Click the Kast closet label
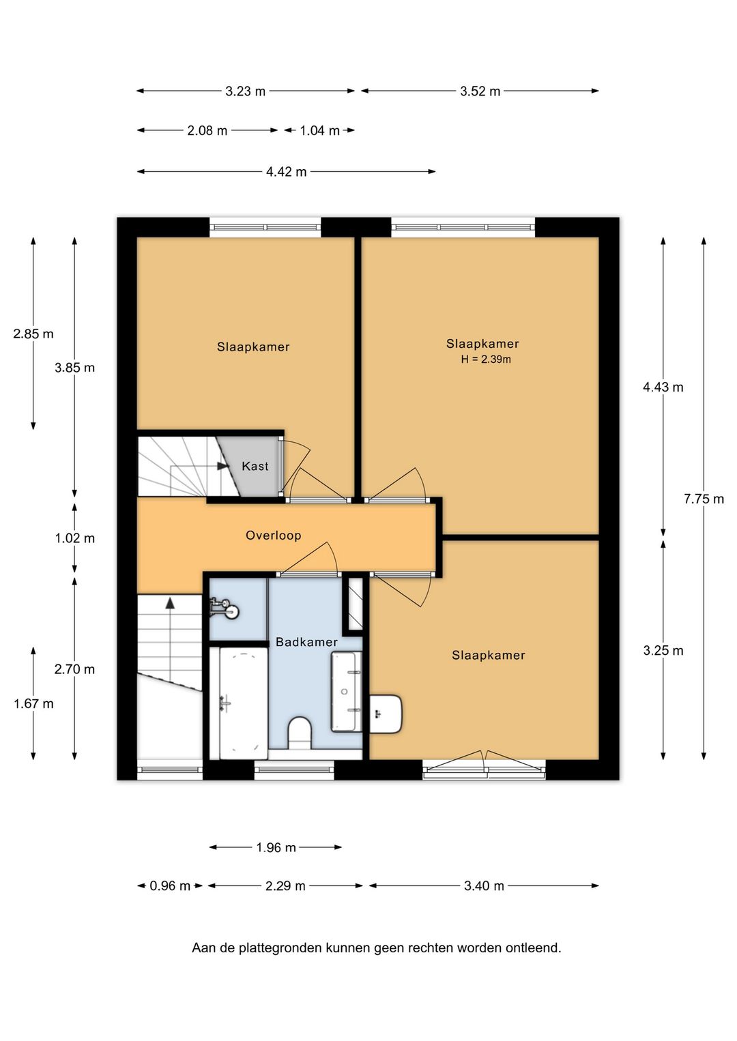click(255, 466)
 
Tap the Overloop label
click(274, 536)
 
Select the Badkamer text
click(306, 642)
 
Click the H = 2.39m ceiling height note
click(486, 360)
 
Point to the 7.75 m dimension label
click(704, 499)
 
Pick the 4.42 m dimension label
click(286, 172)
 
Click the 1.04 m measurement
click(319, 130)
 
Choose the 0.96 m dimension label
click(170, 885)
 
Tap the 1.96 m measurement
click(276, 848)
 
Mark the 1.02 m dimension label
click(75, 538)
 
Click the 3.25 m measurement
click(663, 651)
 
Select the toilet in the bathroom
click(300, 733)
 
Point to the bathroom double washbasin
click(347, 692)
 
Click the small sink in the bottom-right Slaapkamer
click(386, 714)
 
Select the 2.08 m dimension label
click(207, 130)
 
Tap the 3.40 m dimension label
click(484, 885)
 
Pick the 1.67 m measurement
click(33, 703)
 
